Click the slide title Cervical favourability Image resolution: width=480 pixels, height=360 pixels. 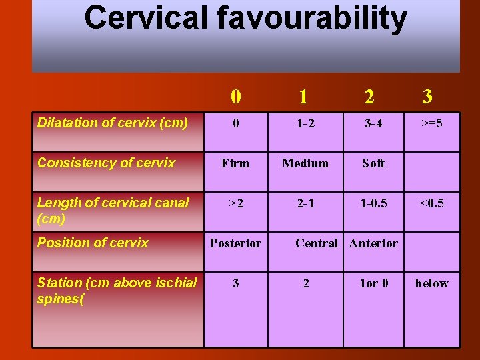(245, 19)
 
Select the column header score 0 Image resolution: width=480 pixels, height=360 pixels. (236, 97)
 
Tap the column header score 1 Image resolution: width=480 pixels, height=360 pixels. (303, 97)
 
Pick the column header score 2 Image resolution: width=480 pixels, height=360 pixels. (369, 97)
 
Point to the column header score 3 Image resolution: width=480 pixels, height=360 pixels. (427, 97)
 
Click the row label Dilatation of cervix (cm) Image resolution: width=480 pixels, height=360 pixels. (112, 123)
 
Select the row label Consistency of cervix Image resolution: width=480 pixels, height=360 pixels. (106, 163)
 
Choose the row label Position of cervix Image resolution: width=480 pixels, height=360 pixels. (93, 243)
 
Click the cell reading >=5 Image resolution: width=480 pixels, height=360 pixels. (431, 123)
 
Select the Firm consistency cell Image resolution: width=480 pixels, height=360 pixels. (235, 163)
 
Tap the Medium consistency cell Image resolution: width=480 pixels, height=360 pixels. (305, 163)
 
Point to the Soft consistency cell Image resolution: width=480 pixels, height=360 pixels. (373, 163)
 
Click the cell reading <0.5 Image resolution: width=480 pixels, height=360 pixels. (431, 203)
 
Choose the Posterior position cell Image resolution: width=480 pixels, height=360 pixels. (235, 243)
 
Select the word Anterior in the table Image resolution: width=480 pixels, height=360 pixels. (373, 243)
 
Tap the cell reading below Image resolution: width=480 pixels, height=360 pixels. (431, 283)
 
